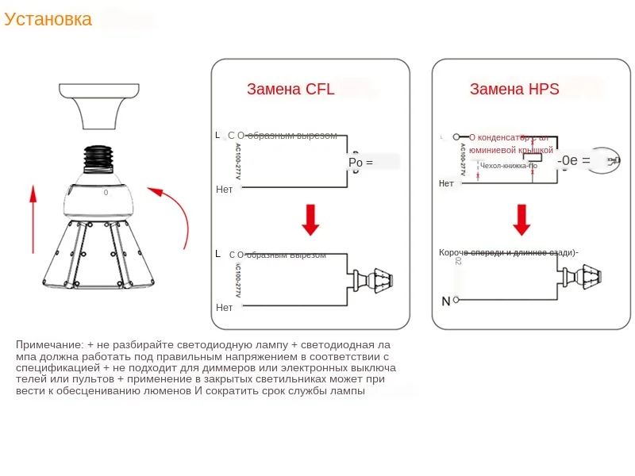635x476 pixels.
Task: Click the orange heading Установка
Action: pos(48,20)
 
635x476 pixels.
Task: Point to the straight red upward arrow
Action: pos(33,219)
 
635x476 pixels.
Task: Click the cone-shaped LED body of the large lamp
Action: pos(96,254)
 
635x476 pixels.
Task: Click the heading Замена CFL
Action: pos(291,90)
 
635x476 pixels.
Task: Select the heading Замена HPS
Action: pos(514,90)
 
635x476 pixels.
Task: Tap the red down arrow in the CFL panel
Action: pos(310,220)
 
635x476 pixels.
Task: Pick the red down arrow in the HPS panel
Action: pos(521,220)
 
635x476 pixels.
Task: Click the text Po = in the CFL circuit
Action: pos(360,163)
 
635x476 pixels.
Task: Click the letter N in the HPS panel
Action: pos(445,301)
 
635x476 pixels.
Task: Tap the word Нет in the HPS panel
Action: pos(447,183)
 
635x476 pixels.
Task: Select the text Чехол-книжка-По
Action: pos(508,166)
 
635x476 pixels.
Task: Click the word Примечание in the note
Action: pos(49,345)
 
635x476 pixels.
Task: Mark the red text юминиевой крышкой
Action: pos(510,149)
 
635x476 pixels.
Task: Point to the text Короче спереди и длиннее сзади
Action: pos(508,253)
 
